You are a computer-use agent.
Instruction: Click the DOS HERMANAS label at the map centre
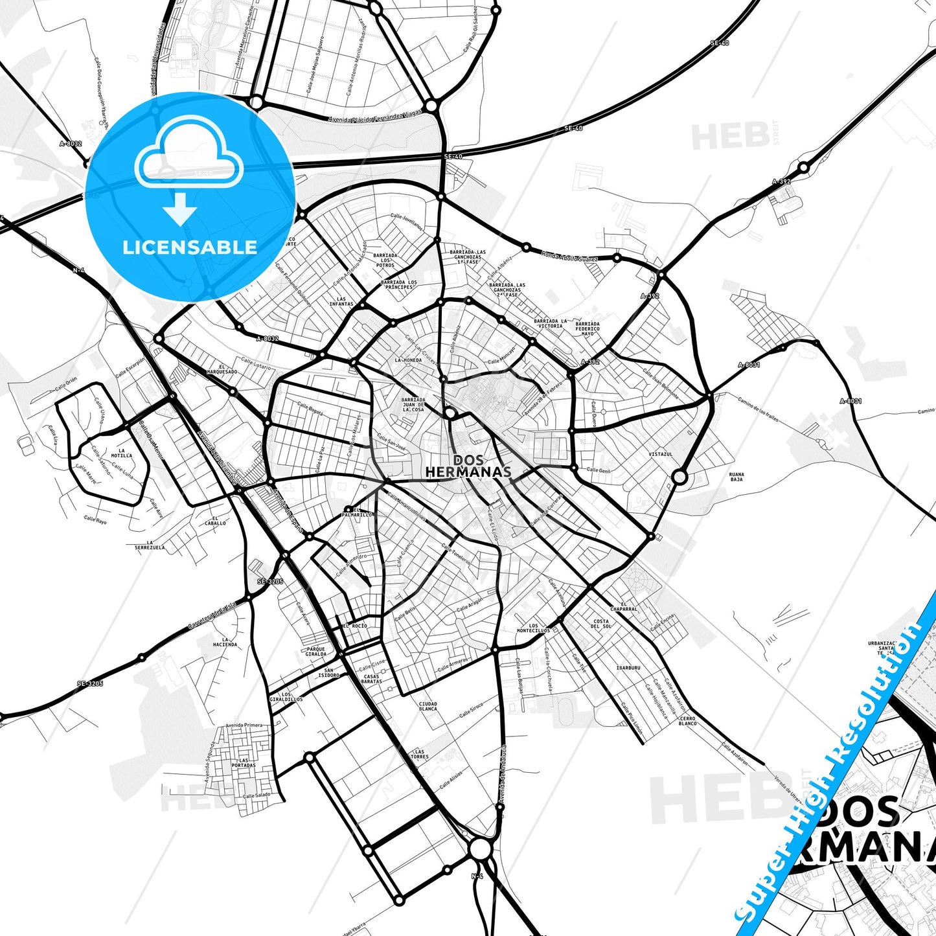pyautogui.click(x=468, y=466)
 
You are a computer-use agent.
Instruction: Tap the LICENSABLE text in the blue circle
pyautogui.click(x=190, y=247)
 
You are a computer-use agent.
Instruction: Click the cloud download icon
pyautogui.click(x=188, y=170)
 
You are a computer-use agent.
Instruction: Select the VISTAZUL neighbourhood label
pyautogui.click(x=661, y=454)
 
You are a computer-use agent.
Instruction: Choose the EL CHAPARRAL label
pyautogui.click(x=624, y=606)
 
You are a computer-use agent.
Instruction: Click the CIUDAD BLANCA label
pyautogui.click(x=428, y=706)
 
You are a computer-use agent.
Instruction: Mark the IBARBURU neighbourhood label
pyautogui.click(x=628, y=667)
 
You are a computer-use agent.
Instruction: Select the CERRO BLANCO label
pyautogui.click(x=687, y=720)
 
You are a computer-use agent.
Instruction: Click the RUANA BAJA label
pyautogui.click(x=736, y=477)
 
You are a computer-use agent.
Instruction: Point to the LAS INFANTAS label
pyautogui.click(x=341, y=301)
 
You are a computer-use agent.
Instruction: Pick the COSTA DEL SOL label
pyautogui.click(x=601, y=624)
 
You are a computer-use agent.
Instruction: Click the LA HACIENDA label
pyautogui.click(x=225, y=642)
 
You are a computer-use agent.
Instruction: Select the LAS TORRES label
pyautogui.click(x=419, y=754)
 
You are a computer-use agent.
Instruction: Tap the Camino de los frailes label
pyautogui.click(x=758, y=409)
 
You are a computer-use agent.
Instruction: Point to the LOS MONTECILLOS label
pyautogui.click(x=533, y=628)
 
